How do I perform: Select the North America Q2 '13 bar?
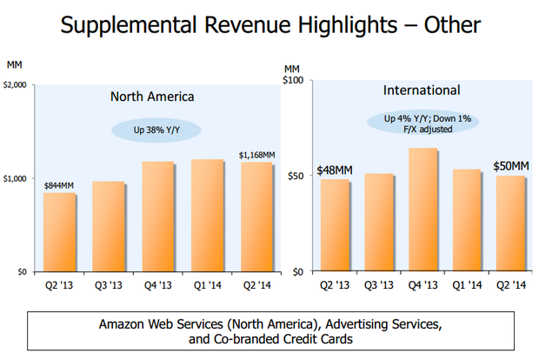point(60,232)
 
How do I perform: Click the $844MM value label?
point(59,184)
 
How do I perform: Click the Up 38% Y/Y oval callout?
point(156,130)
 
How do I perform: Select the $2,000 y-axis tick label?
point(17,84)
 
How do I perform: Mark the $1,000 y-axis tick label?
point(17,178)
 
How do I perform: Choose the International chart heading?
point(422,90)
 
